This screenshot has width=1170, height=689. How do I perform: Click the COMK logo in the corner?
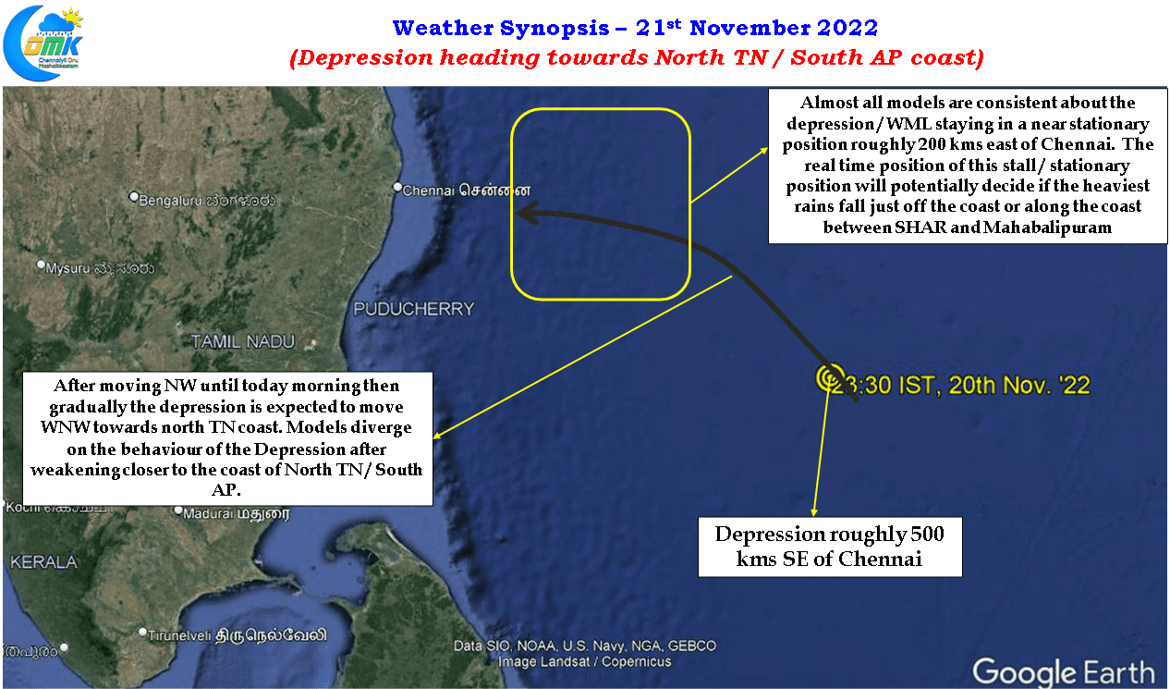(43, 43)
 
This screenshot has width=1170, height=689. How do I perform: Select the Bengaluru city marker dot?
(134, 197)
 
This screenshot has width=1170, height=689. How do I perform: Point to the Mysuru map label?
(100, 268)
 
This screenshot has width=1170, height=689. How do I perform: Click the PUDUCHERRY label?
(414, 309)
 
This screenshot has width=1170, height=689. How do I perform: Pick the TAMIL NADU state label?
(243, 342)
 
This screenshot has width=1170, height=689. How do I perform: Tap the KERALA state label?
(43, 562)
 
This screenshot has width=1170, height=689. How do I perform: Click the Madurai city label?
(236, 514)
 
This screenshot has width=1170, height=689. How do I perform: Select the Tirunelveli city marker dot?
(142, 632)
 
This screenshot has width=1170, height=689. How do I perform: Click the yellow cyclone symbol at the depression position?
(830, 377)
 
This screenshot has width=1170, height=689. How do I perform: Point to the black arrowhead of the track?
(527, 214)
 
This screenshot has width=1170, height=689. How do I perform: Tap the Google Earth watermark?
(1064, 671)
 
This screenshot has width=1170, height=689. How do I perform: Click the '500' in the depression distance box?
(927, 535)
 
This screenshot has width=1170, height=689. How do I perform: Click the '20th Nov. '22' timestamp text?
(1019, 386)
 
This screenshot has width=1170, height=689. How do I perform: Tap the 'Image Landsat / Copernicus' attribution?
(584, 662)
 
